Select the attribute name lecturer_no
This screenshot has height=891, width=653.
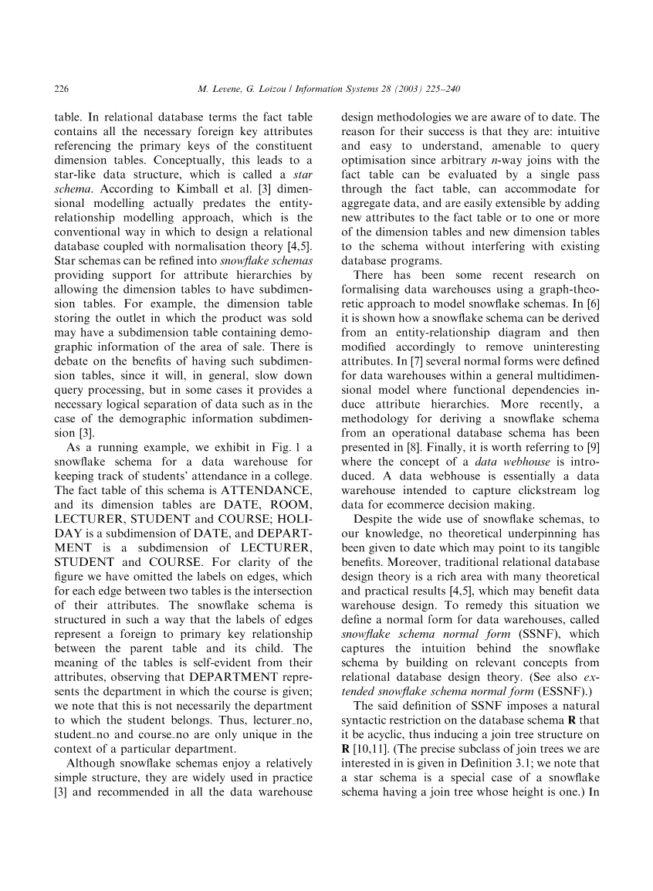pyautogui.click(x=283, y=720)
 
